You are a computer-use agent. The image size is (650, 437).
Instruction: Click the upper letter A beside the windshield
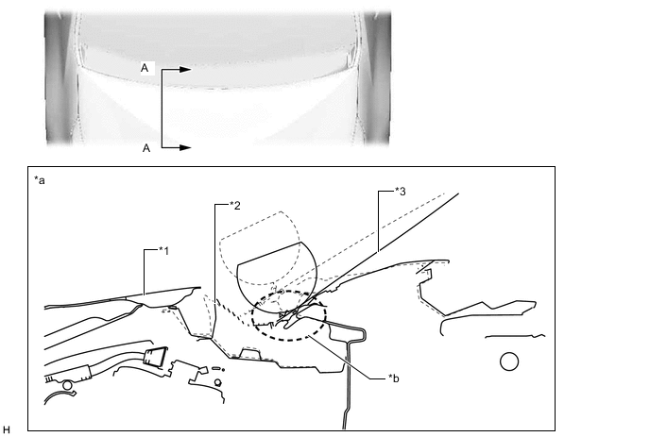pyautogui.click(x=145, y=68)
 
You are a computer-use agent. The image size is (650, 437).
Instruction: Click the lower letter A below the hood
pyautogui.click(x=145, y=148)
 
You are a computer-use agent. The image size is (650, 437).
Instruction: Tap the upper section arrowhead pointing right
pyautogui.click(x=185, y=70)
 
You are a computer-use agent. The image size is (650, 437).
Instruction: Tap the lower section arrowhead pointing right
pyautogui.click(x=185, y=147)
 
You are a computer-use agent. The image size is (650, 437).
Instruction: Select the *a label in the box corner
pyautogui.click(x=40, y=180)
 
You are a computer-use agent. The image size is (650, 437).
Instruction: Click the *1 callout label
pyautogui.click(x=164, y=251)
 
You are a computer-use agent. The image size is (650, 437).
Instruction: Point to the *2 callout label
pyautogui.click(x=235, y=206)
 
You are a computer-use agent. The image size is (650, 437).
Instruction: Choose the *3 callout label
pyautogui.click(x=401, y=191)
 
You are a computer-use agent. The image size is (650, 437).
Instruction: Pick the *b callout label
pyautogui.click(x=394, y=378)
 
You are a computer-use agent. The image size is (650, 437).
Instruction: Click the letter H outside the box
pyautogui.click(x=7, y=429)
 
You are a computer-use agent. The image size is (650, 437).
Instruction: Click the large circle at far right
pyautogui.click(x=509, y=361)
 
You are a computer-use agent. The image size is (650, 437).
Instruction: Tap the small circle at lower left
pyautogui.click(x=67, y=386)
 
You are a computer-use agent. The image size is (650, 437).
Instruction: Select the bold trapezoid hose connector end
pyautogui.click(x=155, y=357)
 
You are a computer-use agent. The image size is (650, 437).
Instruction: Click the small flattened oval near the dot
pyautogui.click(x=216, y=368)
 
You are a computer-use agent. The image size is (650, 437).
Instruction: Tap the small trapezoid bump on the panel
pyautogui.click(x=249, y=354)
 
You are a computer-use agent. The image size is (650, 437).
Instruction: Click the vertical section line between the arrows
pyautogui.click(x=162, y=109)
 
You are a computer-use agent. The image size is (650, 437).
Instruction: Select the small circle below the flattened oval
pyautogui.click(x=217, y=382)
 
